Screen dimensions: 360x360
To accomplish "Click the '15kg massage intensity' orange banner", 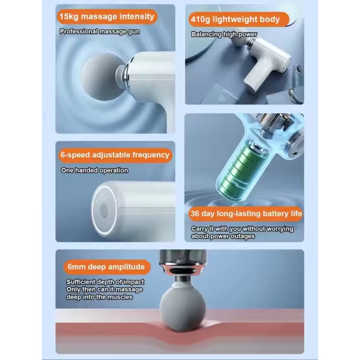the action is (x=107, y=17).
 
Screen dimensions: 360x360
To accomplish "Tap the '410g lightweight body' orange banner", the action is (x=239, y=19).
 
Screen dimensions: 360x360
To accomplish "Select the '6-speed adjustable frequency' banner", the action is (x=115, y=155).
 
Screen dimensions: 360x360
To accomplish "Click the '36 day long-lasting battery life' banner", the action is (x=246, y=214).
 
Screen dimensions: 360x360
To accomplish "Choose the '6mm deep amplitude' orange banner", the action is (x=107, y=267).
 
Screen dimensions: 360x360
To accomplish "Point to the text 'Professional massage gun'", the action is (x=99, y=31).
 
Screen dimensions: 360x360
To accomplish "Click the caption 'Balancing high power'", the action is (x=224, y=34).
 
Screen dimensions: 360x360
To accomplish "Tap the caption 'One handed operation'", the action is (x=94, y=171).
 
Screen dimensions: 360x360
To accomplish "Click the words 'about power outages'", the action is (x=223, y=236).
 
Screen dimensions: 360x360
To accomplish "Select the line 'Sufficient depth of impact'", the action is (x=105, y=282).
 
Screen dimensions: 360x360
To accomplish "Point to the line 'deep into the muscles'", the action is (x=99, y=297).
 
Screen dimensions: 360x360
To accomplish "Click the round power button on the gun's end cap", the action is (x=104, y=211).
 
